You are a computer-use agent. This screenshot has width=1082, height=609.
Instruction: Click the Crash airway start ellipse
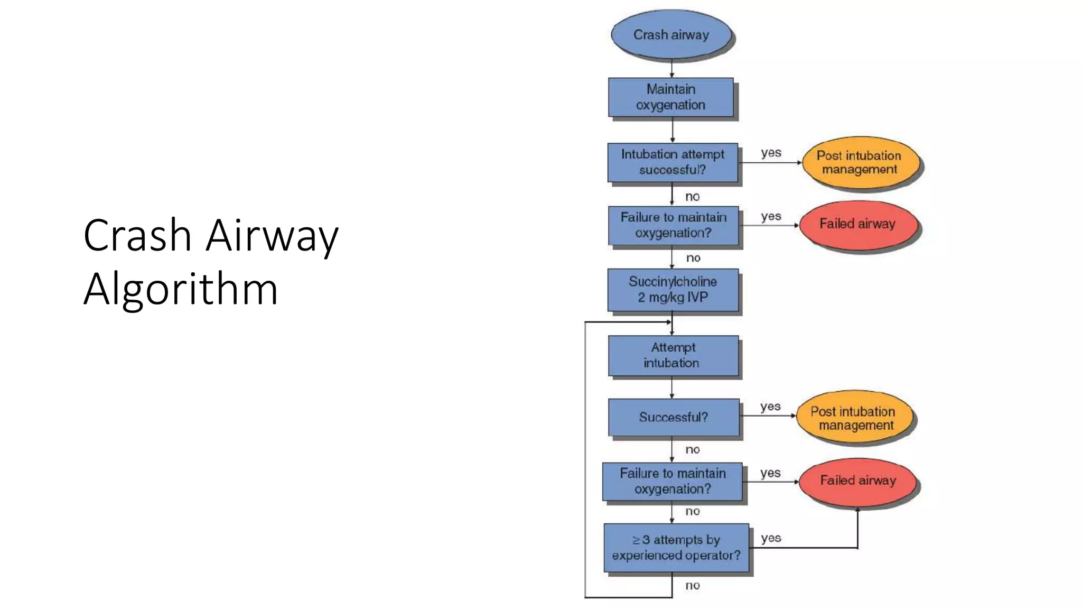click(x=671, y=34)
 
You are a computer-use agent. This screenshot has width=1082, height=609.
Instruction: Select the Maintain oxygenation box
click(x=671, y=97)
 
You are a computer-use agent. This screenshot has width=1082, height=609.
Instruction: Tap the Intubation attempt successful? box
click(x=673, y=162)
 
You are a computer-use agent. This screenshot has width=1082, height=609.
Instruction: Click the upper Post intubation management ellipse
click(x=859, y=162)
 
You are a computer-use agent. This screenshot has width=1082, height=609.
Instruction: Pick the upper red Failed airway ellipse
click(x=857, y=224)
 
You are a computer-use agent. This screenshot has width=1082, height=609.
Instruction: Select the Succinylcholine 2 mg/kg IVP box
click(x=673, y=290)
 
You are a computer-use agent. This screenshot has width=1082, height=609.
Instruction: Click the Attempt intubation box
click(x=673, y=355)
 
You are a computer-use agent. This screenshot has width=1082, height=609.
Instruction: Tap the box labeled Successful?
click(x=673, y=417)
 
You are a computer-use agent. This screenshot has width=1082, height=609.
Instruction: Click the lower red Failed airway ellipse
click(x=857, y=481)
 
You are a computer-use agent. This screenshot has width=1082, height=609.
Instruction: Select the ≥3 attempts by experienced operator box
click(x=676, y=548)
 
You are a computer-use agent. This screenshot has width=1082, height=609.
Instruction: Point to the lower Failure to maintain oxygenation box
click(x=672, y=481)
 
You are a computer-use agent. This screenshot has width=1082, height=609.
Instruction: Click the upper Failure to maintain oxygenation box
click(x=673, y=225)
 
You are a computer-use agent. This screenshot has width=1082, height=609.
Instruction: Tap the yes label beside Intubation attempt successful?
click(x=771, y=153)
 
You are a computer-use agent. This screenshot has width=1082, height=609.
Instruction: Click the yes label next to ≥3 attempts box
click(x=771, y=538)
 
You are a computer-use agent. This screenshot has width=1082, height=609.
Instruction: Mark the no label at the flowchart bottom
click(x=693, y=585)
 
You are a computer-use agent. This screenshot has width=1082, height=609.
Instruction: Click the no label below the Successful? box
click(x=693, y=449)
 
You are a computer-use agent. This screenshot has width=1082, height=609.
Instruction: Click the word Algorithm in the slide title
click(x=181, y=289)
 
